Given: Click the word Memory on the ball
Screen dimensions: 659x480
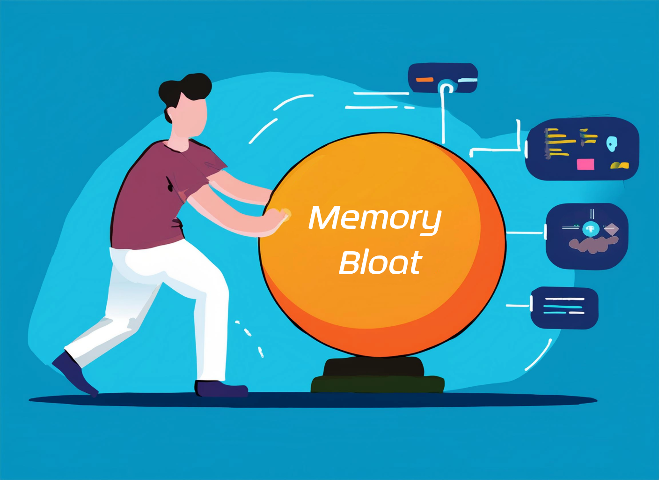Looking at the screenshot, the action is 375,219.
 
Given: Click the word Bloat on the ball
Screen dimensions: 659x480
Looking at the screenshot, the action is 381,262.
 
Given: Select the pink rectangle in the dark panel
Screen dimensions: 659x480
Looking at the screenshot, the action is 586,165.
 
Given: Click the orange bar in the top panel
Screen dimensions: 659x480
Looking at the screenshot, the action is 425,79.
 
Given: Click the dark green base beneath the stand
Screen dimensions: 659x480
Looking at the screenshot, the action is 377,384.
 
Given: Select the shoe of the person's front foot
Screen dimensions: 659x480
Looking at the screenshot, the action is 221,389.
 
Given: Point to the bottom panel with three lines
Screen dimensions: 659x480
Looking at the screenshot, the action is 564,308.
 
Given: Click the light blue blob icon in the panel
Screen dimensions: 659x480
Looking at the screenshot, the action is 612,143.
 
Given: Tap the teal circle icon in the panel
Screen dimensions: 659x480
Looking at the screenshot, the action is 591,229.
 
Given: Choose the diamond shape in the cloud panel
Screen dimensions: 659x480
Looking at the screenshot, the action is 611,229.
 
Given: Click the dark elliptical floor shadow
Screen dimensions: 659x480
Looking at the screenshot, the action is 313,400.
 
